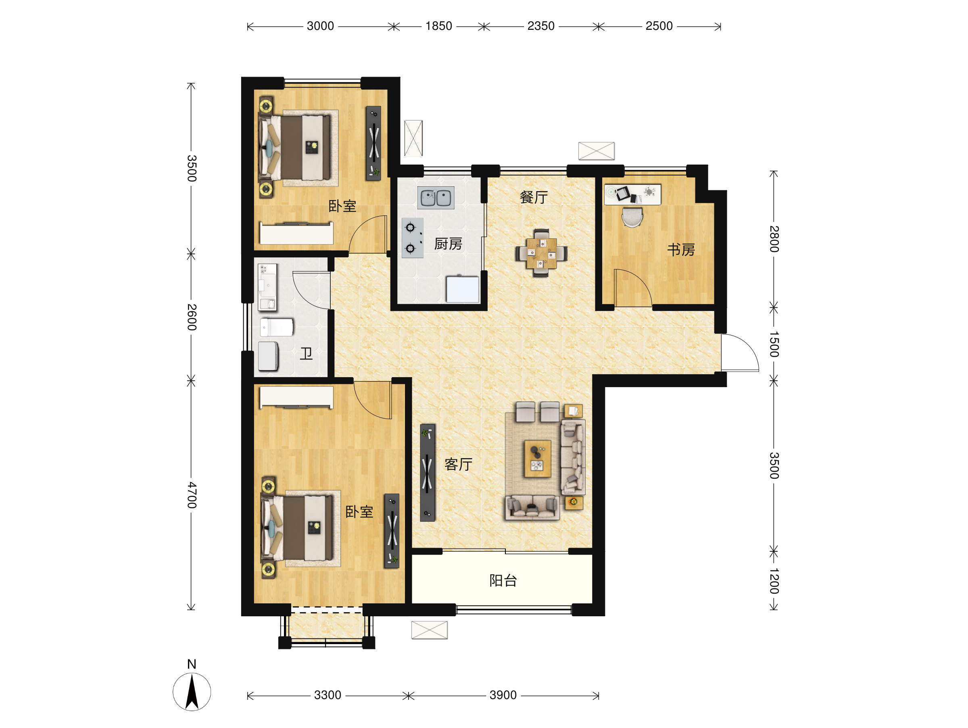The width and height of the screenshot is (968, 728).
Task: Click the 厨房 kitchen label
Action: click(x=448, y=244)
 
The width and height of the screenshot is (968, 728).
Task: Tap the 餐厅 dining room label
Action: click(x=534, y=197)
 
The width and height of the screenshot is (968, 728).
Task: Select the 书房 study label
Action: click(x=681, y=250)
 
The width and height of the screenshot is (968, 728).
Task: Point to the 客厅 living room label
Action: click(x=458, y=464)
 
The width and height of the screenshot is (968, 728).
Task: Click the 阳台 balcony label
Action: click(x=503, y=580)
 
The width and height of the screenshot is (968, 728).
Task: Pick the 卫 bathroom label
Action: click(x=306, y=353)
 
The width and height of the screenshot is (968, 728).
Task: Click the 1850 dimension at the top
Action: click(x=438, y=26)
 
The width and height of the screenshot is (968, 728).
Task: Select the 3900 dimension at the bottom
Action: click(x=503, y=695)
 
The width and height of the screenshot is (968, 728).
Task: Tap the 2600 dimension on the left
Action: click(x=192, y=317)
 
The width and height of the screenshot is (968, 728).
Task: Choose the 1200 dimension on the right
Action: click(x=774, y=581)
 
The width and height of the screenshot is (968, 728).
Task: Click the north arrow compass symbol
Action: click(x=192, y=692)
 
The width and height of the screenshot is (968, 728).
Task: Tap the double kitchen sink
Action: click(x=436, y=198)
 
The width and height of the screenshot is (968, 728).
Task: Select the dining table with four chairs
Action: click(x=541, y=253)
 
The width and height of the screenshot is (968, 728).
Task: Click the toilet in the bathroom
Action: click(x=277, y=327)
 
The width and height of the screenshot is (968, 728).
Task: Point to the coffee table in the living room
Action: click(x=537, y=459)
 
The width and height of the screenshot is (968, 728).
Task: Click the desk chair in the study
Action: click(x=632, y=217)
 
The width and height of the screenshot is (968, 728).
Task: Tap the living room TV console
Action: click(x=428, y=473)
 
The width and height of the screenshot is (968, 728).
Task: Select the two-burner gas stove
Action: click(x=412, y=238)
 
